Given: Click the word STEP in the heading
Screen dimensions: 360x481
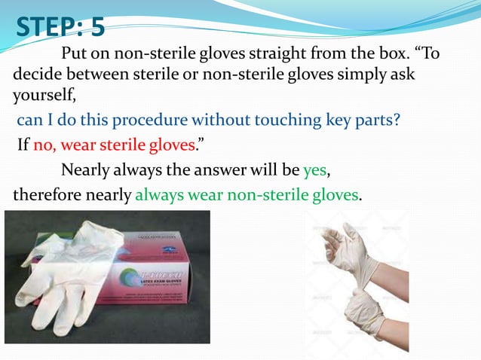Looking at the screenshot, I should point(47,28).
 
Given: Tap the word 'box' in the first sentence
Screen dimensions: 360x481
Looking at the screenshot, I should point(381,55).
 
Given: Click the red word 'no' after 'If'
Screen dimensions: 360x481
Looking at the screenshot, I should point(43,145).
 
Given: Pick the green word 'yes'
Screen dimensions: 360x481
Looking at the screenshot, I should point(314,169).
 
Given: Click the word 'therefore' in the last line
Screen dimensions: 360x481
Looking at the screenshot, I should point(47,195).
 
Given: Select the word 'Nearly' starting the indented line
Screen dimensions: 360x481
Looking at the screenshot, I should point(86,169).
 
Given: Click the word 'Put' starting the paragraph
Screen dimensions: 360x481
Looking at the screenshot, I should point(73,55).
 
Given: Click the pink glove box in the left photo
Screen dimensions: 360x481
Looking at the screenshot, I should point(151,279).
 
